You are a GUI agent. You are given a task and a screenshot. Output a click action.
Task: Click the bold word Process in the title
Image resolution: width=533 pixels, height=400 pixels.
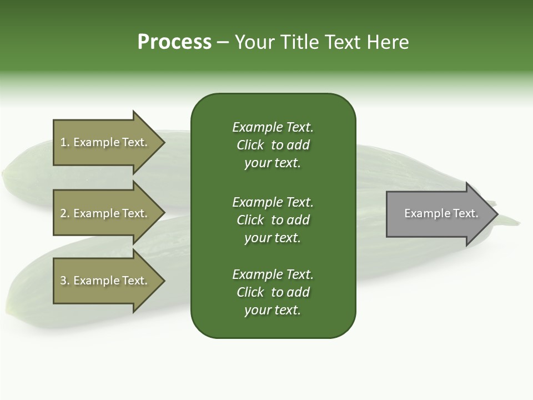click(x=174, y=42)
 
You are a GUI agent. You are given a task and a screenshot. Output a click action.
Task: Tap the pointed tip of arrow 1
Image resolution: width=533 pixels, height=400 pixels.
click(x=163, y=142)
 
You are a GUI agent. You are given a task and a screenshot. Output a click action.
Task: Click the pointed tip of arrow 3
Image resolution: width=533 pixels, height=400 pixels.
click(x=163, y=281)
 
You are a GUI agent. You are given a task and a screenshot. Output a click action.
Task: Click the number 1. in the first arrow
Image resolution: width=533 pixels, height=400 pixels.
click(x=65, y=142)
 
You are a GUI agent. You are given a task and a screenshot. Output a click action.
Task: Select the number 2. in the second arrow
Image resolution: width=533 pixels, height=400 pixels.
click(x=65, y=213)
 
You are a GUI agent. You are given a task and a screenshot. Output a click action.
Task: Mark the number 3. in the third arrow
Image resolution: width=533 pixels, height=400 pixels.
click(x=65, y=281)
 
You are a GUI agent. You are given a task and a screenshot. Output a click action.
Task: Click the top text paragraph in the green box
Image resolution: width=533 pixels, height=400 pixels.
click(x=273, y=145)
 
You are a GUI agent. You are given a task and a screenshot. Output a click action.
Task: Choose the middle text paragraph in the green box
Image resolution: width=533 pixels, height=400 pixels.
click(x=273, y=220)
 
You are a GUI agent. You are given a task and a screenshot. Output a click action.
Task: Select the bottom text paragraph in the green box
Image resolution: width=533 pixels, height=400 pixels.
click(x=273, y=292)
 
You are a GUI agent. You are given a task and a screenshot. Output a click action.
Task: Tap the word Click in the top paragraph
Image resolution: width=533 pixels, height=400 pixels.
click(x=250, y=145)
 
